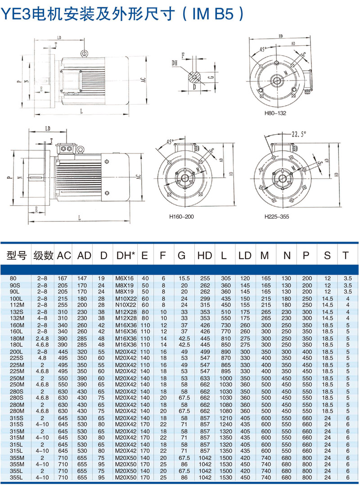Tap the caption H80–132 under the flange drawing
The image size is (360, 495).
coord(275,113)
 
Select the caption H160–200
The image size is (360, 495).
coord(181,216)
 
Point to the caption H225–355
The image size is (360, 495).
coord(276,216)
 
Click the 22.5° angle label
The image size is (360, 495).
coord(298,134)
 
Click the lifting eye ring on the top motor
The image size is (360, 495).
coord(84,54)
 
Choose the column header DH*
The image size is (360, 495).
coord(126,256)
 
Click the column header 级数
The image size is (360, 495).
coord(43,256)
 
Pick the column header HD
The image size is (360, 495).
coord(205,256)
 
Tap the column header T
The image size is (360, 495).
coord(345,256)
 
